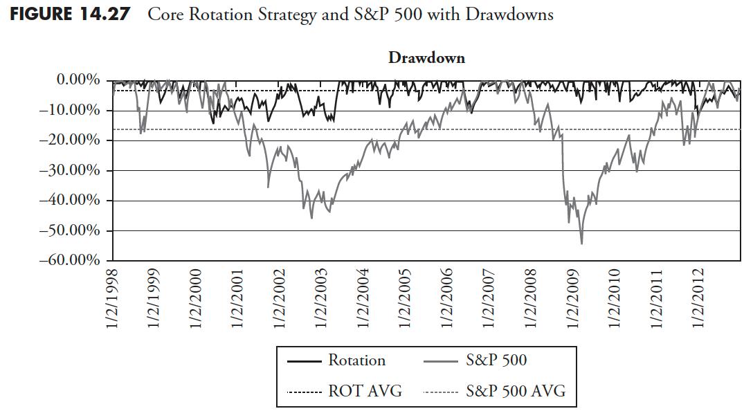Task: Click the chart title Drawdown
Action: [x=426, y=58]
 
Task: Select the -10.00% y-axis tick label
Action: [x=71, y=111]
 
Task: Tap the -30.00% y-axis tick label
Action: [x=71, y=170]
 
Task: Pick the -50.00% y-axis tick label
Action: [x=71, y=230]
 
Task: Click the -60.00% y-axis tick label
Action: [x=71, y=261]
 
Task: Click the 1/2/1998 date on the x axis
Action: [x=113, y=298]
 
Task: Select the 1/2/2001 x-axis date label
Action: [x=238, y=298]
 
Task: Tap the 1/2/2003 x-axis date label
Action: [x=322, y=298]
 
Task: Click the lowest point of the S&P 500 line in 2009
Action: [x=581, y=244]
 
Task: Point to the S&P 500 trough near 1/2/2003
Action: [x=311, y=218]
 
